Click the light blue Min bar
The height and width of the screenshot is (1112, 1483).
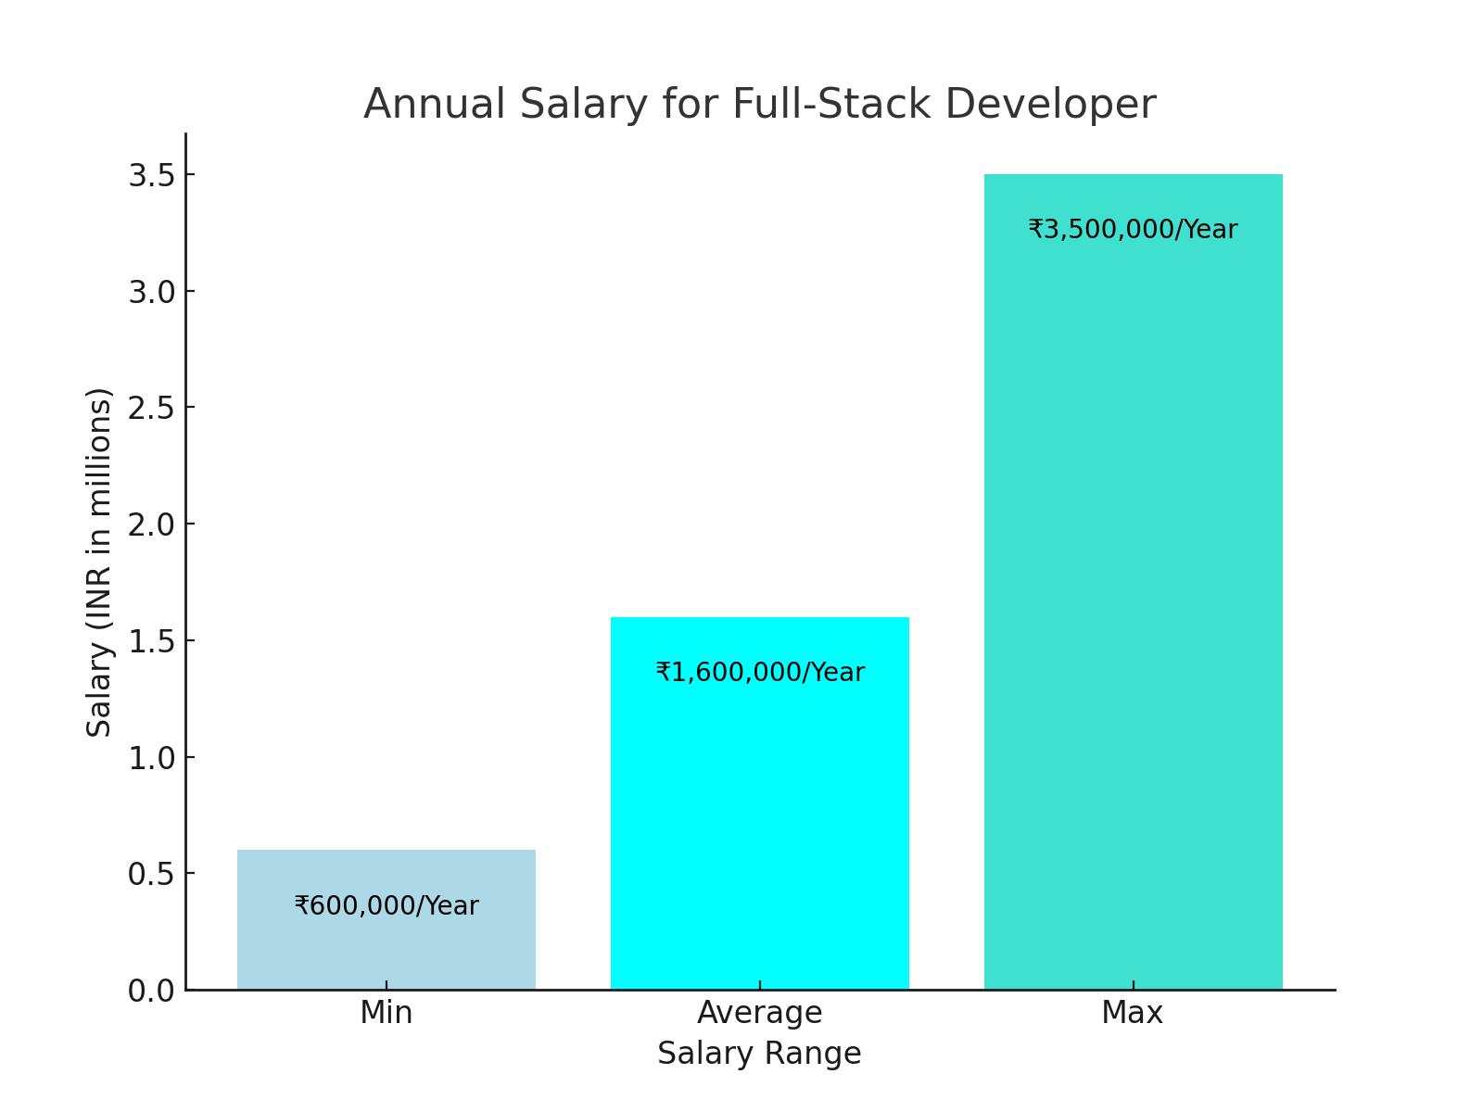386,945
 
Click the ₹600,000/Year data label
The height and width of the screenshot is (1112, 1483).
387,905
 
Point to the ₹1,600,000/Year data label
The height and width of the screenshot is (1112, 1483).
760,672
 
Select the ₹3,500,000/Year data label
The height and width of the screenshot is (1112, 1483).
1133,229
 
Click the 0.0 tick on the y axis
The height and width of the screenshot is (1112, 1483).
151,991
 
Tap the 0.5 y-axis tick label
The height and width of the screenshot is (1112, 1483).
151,874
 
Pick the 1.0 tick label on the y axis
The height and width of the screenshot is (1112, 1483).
151,758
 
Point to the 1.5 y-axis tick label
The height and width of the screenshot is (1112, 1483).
151,641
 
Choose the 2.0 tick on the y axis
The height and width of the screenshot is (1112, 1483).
151,524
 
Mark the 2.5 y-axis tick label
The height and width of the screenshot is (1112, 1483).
151,408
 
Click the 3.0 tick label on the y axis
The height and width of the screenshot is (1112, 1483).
151,292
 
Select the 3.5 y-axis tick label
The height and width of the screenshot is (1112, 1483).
151,175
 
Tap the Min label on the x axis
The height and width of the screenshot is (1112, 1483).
386,1013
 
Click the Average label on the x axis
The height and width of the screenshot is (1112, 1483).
759,1013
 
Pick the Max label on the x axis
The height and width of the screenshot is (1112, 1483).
1132,1013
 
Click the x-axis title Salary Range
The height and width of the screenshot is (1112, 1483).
759,1054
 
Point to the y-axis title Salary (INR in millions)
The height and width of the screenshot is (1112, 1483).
99,562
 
